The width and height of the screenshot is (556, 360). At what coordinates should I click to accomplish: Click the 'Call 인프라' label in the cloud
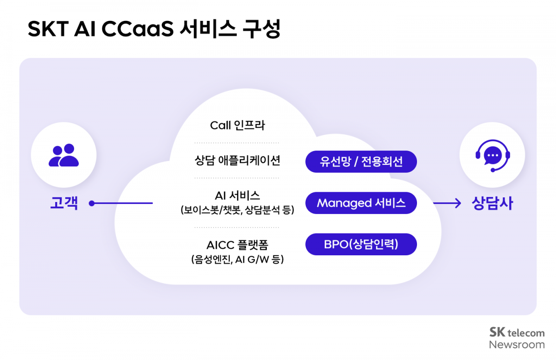(x=237, y=125)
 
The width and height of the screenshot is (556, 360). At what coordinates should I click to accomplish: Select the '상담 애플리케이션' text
(x=237, y=161)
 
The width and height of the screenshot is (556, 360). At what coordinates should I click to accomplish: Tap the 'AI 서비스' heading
(x=237, y=196)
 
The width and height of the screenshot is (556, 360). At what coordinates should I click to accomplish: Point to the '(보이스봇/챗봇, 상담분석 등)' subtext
(x=237, y=210)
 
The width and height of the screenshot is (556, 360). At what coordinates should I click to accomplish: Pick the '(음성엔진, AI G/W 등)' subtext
(x=237, y=259)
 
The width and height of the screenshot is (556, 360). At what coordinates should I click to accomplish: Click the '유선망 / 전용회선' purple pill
(x=361, y=162)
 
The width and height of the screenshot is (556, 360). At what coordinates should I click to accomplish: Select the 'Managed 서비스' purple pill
(x=361, y=203)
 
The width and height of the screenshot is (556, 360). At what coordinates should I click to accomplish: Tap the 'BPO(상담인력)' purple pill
(x=361, y=244)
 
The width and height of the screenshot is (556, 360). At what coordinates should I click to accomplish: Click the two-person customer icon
(x=63, y=155)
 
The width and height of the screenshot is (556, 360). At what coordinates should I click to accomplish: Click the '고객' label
(x=64, y=203)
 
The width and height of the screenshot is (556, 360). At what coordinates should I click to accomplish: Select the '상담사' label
(x=492, y=203)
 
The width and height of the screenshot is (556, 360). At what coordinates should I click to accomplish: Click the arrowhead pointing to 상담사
(x=458, y=203)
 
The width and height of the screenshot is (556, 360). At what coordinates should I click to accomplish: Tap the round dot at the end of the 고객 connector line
(x=92, y=203)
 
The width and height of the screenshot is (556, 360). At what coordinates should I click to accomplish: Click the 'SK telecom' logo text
(x=517, y=333)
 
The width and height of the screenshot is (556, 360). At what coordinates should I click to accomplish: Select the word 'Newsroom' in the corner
(x=517, y=345)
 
